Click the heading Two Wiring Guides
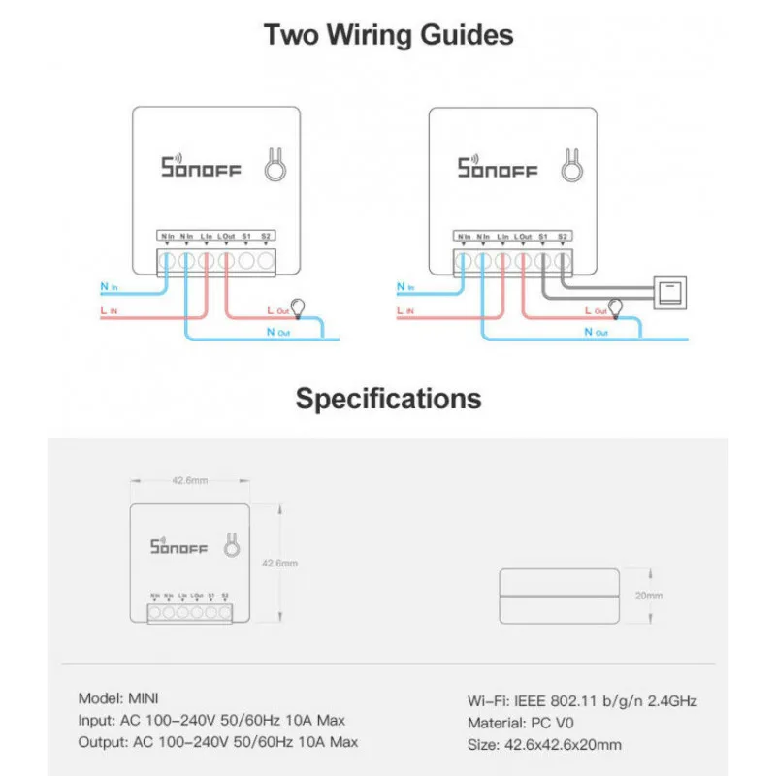pos(388,36)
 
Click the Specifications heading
pos(388,398)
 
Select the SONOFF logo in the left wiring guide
pos(201,167)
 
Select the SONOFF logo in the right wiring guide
pos(498,167)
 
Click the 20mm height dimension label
pos(648,595)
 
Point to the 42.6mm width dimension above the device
pos(189,479)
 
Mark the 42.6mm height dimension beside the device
pos(280,563)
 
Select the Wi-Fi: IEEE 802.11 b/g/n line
pos(582,700)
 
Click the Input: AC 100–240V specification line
pos(211,720)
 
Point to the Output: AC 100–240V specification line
pos(217,742)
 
